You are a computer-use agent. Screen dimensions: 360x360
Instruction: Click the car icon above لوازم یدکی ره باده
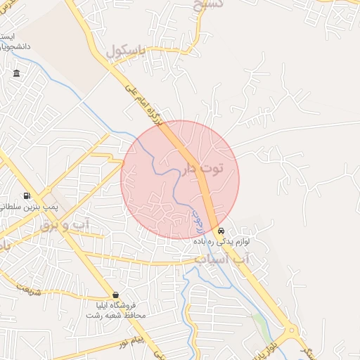coord(221,231)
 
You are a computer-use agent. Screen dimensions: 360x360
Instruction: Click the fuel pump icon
coord(27,195)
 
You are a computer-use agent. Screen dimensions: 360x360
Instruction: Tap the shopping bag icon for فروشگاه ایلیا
coord(115,295)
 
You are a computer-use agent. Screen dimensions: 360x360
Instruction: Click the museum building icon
coord(16,73)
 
